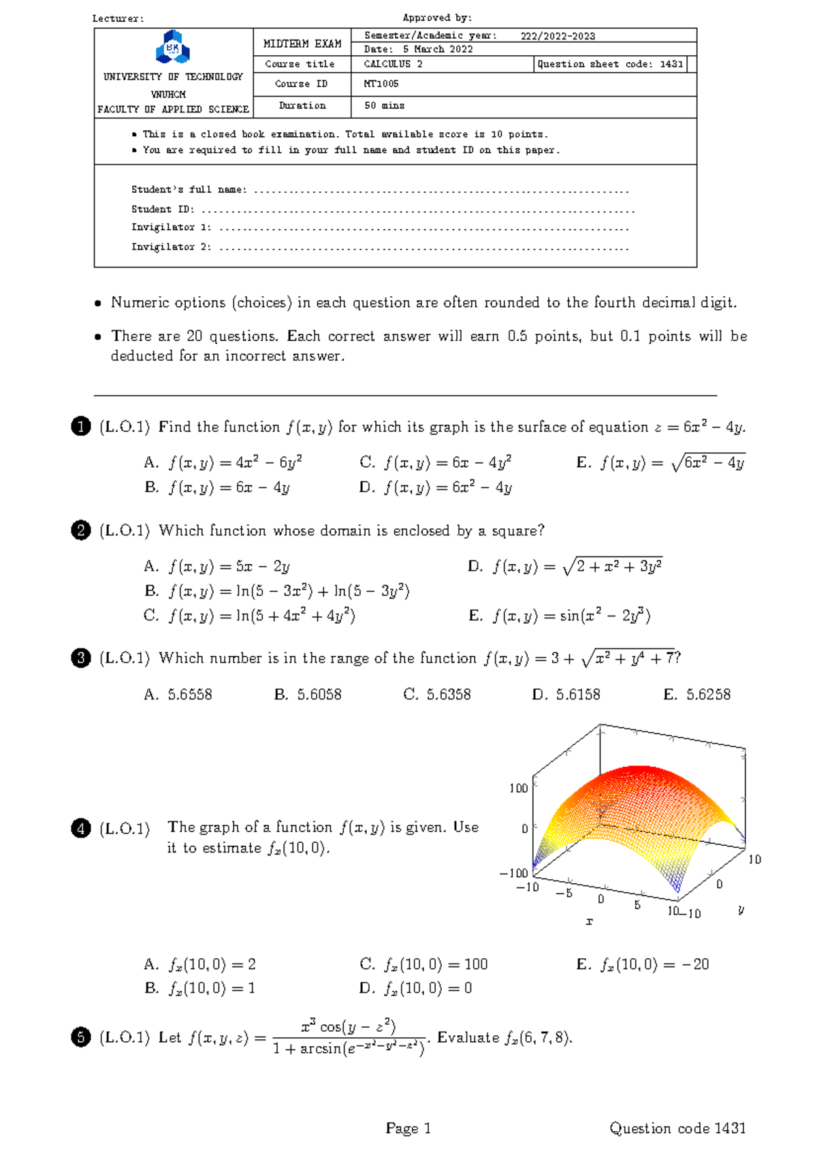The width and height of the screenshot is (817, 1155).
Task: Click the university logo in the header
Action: click(173, 48)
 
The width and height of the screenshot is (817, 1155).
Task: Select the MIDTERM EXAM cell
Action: click(302, 44)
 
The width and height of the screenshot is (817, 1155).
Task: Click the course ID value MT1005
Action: click(381, 84)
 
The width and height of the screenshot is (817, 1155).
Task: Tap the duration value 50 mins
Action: click(384, 106)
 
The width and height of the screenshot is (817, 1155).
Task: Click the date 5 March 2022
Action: click(438, 49)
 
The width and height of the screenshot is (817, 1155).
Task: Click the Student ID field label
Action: click(163, 209)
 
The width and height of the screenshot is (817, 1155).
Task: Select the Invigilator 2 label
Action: click(171, 247)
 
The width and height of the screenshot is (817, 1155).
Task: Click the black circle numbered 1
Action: click(80, 427)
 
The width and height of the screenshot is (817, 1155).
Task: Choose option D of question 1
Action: click(436, 488)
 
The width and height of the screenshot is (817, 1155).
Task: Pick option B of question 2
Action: click(276, 591)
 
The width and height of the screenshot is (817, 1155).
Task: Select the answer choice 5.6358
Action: click(437, 695)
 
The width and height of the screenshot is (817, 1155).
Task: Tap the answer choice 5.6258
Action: click(697, 695)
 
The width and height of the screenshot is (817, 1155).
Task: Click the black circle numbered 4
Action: click(80, 829)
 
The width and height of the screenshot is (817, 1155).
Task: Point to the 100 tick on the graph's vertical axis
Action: click(519, 788)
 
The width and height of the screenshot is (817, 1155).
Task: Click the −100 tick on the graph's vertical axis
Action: click(514, 873)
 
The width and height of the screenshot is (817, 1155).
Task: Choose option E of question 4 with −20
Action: click(643, 964)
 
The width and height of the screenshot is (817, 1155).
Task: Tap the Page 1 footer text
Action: click(408, 1128)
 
